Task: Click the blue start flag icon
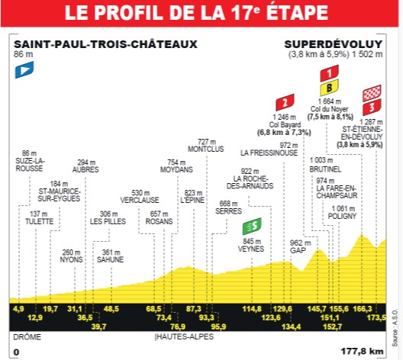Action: [24, 70]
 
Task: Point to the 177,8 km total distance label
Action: [366, 352]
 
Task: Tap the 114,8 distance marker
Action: [252, 308]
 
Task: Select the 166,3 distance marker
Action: [363, 308]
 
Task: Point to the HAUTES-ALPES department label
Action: [183, 336]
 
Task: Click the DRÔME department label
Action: [27, 336]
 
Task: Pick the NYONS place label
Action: [71, 259]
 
